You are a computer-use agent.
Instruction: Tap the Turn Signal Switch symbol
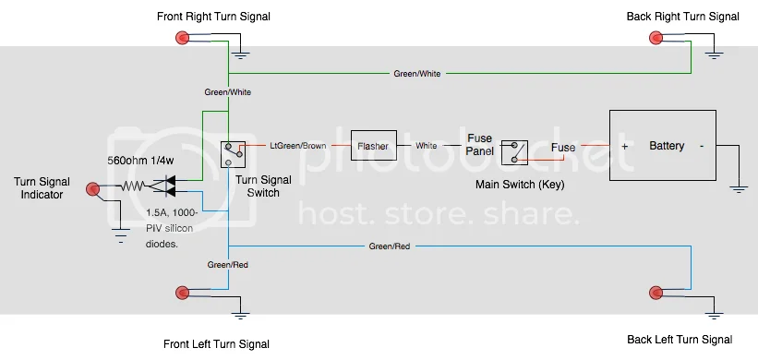(x=233, y=155)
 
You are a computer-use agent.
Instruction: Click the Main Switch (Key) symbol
(x=514, y=152)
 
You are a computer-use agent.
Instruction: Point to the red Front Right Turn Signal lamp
(x=182, y=38)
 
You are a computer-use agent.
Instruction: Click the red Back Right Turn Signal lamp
(x=656, y=38)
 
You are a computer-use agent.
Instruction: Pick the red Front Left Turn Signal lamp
(x=182, y=293)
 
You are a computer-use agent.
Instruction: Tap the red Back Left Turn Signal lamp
(x=656, y=293)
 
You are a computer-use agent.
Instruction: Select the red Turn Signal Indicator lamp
(x=93, y=189)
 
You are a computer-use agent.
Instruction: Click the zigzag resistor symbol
(x=132, y=186)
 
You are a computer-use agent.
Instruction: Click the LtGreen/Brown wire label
(x=298, y=146)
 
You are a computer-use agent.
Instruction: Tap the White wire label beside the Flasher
(x=427, y=146)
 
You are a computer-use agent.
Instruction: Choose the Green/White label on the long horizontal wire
(x=417, y=74)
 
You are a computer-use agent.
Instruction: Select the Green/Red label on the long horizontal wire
(x=390, y=246)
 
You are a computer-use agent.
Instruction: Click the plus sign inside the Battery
(x=624, y=146)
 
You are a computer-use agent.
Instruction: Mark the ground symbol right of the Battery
(x=739, y=189)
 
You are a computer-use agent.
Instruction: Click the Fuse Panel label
(x=479, y=145)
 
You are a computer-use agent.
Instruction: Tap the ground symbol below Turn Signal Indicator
(x=121, y=234)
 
